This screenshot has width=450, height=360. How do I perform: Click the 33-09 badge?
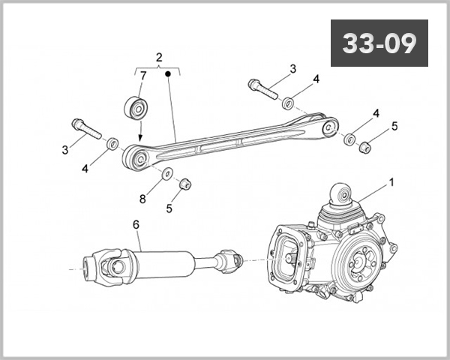pyautogui.click(x=379, y=43)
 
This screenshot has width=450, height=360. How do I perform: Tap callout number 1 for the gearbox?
pyautogui.click(x=391, y=182)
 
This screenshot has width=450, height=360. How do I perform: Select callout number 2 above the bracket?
pyautogui.click(x=159, y=57)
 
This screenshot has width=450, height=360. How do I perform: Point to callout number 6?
pyautogui.click(x=136, y=224)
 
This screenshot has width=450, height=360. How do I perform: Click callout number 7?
pyautogui.click(x=143, y=75)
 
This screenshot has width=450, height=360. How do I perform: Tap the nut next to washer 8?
pyautogui.click(x=187, y=183)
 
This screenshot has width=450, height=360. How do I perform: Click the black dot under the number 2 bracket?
pyautogui.click(x=169, y=74)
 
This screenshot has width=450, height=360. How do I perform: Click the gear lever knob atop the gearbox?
pyautogui.click(x=341, y=196)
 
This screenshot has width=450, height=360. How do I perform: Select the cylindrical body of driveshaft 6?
pyautogui.click(x=161, y=262)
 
